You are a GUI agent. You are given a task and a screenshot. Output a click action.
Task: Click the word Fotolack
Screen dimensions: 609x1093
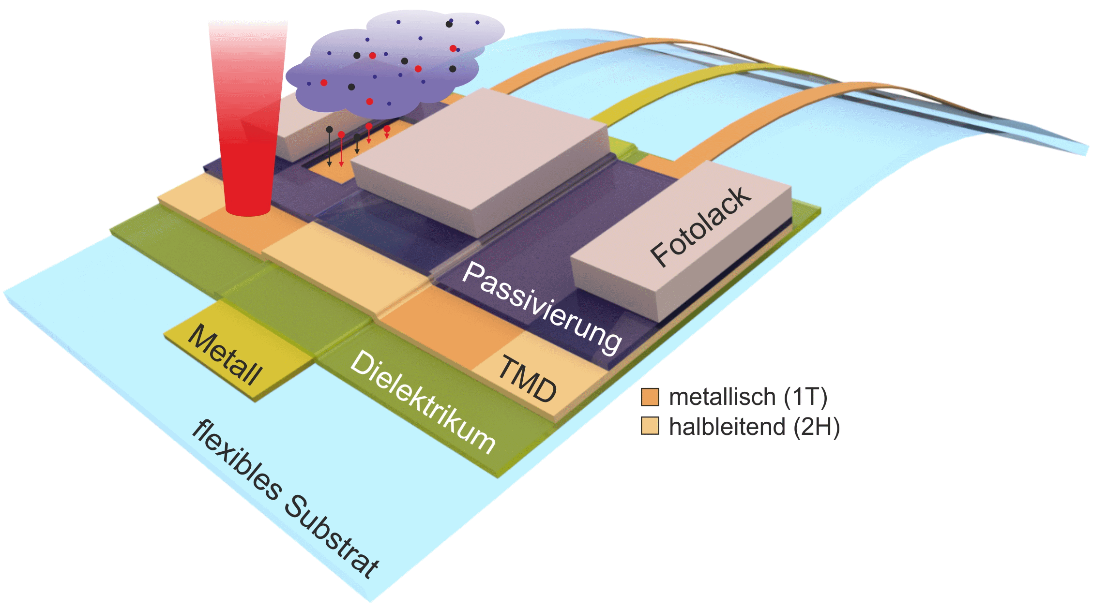coord(700,227)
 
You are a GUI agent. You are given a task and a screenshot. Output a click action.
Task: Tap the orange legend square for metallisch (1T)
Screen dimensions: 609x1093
coord(650,397)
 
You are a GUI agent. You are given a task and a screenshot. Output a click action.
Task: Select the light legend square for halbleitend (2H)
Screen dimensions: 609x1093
coord(650,426)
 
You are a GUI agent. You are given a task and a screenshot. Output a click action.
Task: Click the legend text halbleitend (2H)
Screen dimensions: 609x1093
coord(754,427)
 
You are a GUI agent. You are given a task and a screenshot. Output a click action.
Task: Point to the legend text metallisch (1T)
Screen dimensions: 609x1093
coord(748,397)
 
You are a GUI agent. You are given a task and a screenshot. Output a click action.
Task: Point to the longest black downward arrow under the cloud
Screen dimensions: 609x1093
coord(329,148)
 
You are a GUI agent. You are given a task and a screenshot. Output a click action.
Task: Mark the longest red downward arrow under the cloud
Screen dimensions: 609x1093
coord(341,150)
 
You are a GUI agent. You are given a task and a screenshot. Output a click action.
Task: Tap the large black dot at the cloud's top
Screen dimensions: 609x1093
coord(449,24)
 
